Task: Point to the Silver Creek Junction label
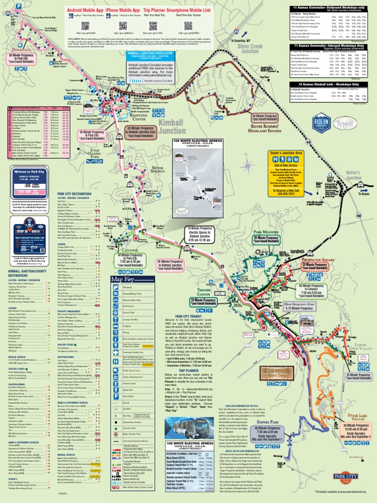point(249,48)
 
